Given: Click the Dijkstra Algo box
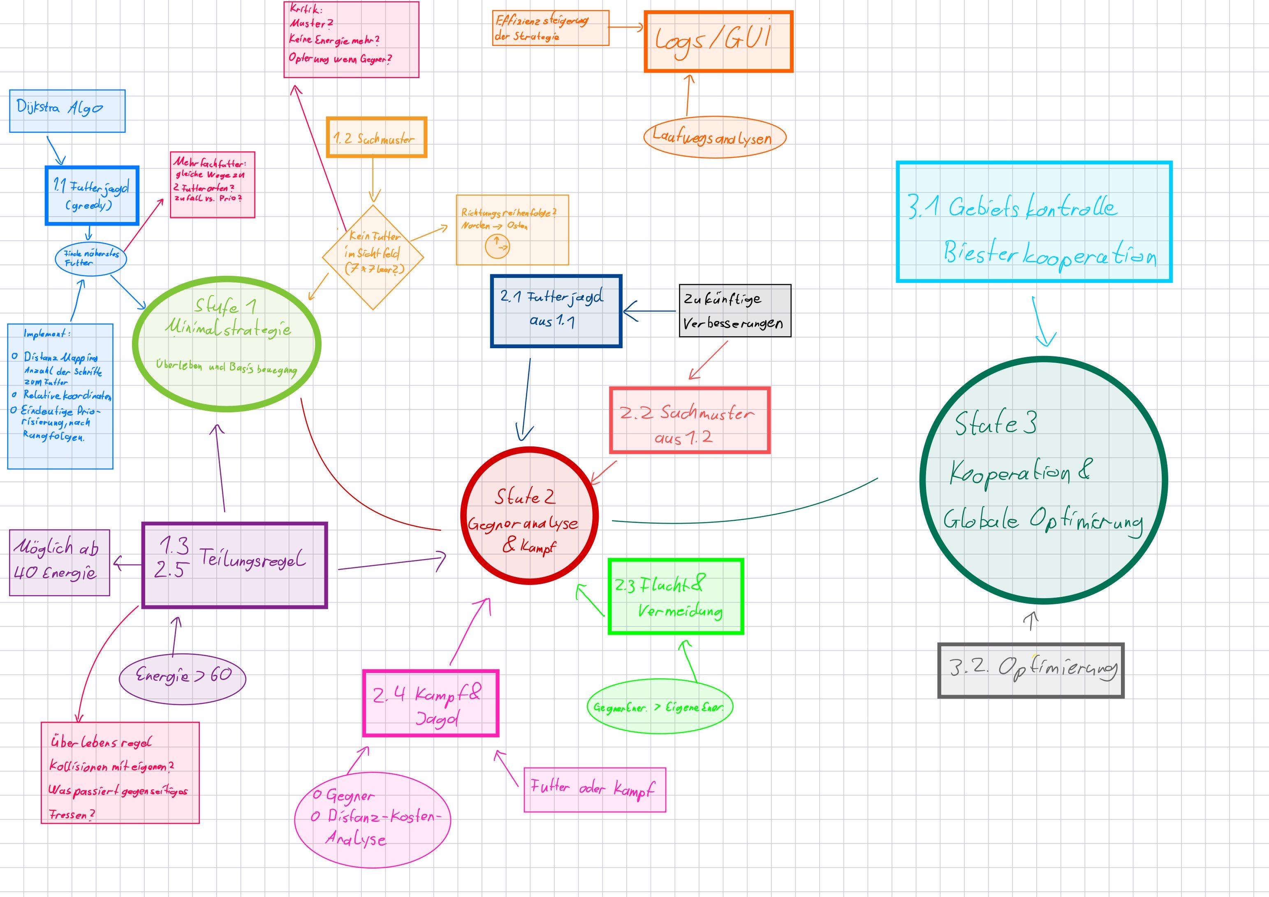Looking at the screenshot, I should click(x=67, y=111).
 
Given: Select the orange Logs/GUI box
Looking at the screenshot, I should click(x=718, y=42).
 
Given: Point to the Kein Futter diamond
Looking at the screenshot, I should click(x=373, y=257).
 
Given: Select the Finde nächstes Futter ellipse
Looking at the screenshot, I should click(x=90, y=258).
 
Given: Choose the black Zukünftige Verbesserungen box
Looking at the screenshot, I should click(x=734, y=311).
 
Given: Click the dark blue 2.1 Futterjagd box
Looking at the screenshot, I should click(x=556, y=311).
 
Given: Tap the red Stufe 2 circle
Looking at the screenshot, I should click(x=530, y=515).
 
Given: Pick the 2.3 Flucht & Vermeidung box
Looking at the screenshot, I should click(x=675, y=596).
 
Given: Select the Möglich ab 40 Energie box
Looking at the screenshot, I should click(x=59, y=563).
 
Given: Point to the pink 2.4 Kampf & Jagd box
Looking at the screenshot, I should click(x=431, y=703).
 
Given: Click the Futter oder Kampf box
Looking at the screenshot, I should click(x=594, y=789).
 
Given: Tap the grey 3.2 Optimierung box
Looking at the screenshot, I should click(x=1031, y=670).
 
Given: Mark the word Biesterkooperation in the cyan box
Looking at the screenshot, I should click(x=1049, y=255).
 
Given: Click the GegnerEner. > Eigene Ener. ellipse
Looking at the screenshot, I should click(x=659, y=707).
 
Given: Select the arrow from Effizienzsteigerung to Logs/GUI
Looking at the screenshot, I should click(x=627, y=27).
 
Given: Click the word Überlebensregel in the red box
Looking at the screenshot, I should click(x=101, y=742).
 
